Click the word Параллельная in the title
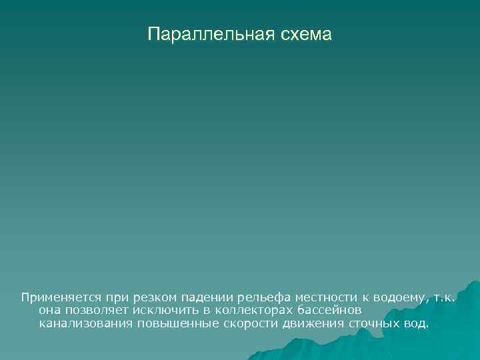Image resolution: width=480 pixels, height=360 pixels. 205,34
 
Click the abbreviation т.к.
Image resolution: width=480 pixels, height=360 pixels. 443,297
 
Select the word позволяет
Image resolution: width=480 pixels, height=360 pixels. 96,310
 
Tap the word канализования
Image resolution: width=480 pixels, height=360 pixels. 85,323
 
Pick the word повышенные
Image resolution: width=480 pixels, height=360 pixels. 174,323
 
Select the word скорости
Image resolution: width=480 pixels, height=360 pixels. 245,323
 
